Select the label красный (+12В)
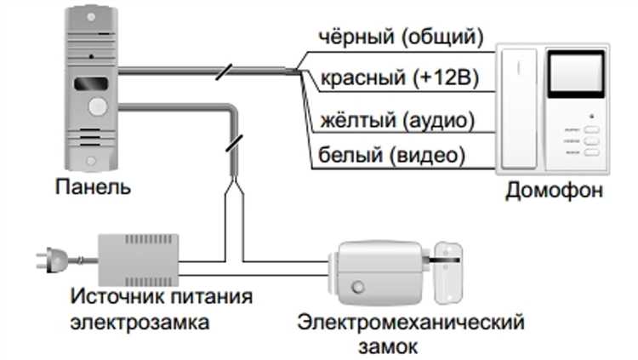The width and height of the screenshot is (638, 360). click(x=399, y=79)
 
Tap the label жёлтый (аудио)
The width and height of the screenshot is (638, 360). click(x=396, y=119)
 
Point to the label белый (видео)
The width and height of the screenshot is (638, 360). click(x=391, y=156)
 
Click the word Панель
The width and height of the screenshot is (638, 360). click(x=93, y=185)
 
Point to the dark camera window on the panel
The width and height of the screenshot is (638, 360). click(x=92, y=85)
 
